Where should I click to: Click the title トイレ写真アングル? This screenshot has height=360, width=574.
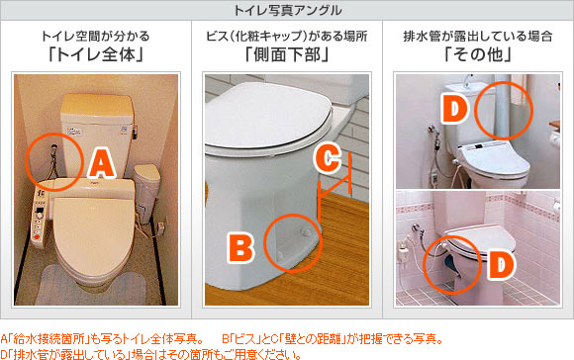point(287,11)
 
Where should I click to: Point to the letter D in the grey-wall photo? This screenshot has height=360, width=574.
point(454,109)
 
